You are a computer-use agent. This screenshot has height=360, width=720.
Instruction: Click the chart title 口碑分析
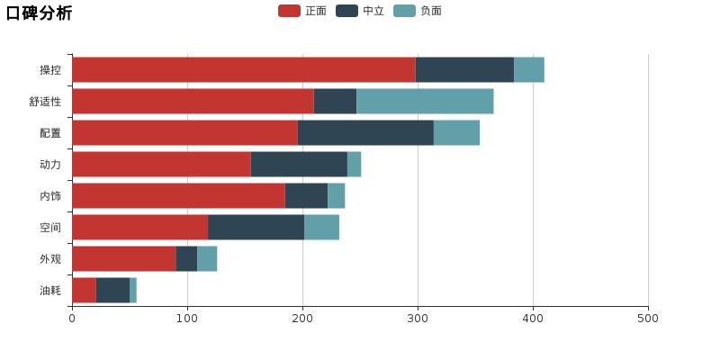(x=39, y=13)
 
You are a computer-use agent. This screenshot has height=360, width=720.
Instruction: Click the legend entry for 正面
(x=302, y=11)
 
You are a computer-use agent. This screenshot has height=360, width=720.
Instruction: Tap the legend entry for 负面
(x=418, y=11)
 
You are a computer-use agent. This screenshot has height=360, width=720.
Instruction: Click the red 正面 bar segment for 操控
(x=243, y=70)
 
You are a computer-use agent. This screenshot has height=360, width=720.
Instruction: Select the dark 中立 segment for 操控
(x=464, y=70)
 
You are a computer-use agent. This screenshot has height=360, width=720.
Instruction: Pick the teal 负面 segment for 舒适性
(x=425, y=102)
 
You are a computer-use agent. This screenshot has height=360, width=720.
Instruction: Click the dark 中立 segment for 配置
(x=365, y=133)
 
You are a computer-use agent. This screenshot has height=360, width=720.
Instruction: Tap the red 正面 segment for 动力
(x=161, y=165)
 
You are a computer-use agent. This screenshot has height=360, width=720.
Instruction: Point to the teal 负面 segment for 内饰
(x=336, y=196)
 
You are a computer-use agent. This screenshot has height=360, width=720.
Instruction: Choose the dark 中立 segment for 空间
(x=256, y=228)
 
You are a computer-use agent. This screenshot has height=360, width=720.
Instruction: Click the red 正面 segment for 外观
(x=123, y=259)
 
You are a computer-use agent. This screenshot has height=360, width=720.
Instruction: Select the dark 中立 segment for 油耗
(x=112, y=291)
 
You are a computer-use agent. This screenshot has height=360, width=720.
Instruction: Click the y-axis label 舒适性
(x=45, y=102)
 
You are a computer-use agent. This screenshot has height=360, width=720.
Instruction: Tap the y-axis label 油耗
(x=50, y=291)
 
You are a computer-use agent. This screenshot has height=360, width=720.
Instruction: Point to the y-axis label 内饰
(x=50, y=196)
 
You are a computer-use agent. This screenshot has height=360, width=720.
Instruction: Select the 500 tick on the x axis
(x=648, y=318)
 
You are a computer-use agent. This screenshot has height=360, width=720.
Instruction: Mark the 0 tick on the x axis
(x=72, y=318)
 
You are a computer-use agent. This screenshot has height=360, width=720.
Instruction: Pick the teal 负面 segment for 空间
(x=321, y=228)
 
